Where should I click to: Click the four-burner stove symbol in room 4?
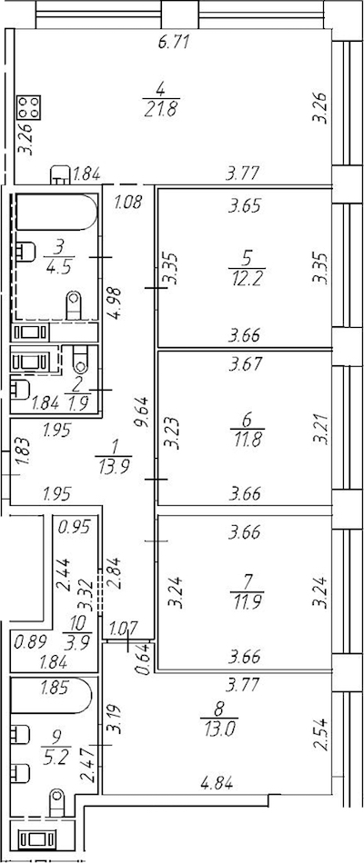pyautogui.click(x=29, y=107)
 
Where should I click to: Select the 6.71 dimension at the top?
pyautogui.click(x=174, y=42)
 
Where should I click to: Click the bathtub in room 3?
pyautogui.click(x=56, y=212)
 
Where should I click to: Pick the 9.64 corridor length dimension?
pyautogui.click(x=146, y=415)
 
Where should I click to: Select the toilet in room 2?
pyautogui.click(x=81, y=359)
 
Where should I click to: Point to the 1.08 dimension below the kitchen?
pyautogui.click(x=129, y=202)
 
